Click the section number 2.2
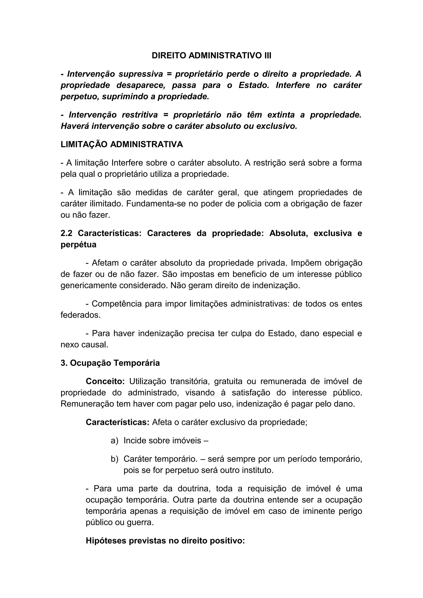coord(66,233)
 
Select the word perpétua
coord(78,245)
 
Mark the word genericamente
coord(88,285)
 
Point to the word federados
coord(80,315)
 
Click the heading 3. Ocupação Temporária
coord(110,363)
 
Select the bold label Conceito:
coord(105,382)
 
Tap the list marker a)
coord(114,441)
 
